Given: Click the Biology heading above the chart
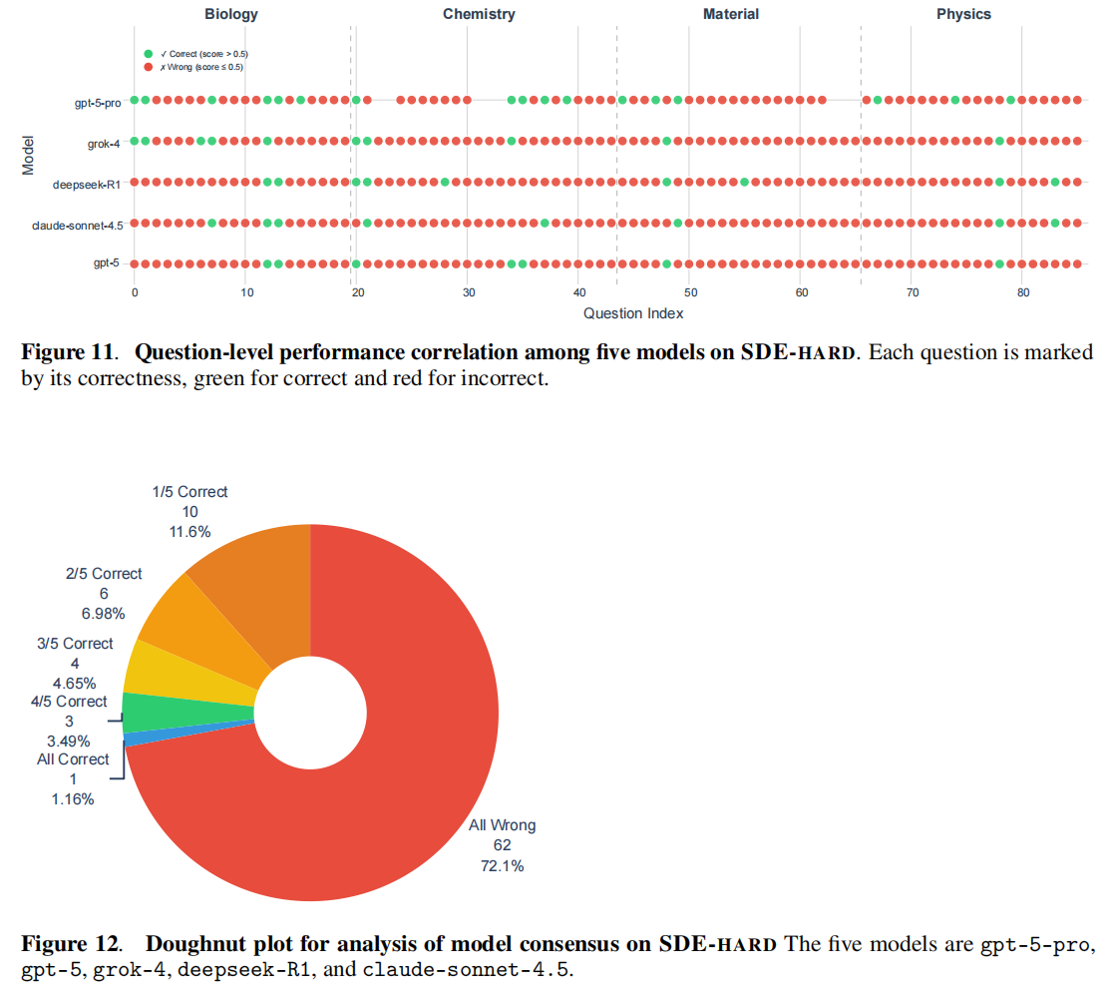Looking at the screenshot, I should point(231,14).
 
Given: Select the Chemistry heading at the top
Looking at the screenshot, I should point(479,14).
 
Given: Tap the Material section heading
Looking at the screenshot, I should point(730,14).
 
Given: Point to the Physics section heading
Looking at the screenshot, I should point(963,14).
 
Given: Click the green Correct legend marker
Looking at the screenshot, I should point(149,53).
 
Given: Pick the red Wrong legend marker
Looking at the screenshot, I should point(149,67).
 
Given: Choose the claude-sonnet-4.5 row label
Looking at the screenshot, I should point(78,225).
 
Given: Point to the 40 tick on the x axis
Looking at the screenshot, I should point(579,292).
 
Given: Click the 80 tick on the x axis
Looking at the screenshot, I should point(1023,292).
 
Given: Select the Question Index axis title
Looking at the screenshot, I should point(633,313).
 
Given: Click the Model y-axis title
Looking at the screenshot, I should point(29,155).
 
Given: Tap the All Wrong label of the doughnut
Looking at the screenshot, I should point(502,825).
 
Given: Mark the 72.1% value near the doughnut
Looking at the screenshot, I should point(502,865).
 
